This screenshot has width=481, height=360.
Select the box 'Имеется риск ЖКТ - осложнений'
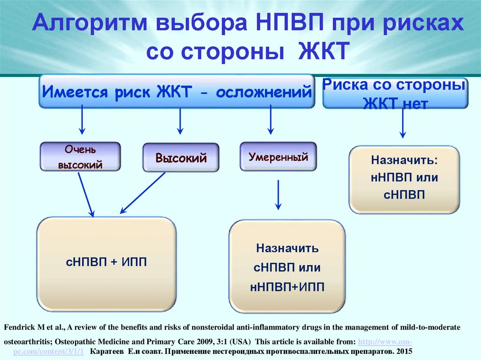click(x=177, y=91)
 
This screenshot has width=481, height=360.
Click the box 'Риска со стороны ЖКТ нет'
click(x=395, y=93)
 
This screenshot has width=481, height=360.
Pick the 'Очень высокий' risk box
click(x=80, y=157)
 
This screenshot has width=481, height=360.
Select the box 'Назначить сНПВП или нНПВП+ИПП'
click(x=287, y=267)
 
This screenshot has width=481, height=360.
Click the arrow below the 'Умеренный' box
click(x=278, y=195)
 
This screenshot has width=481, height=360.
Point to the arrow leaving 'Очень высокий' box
click(x=85, y=193)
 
